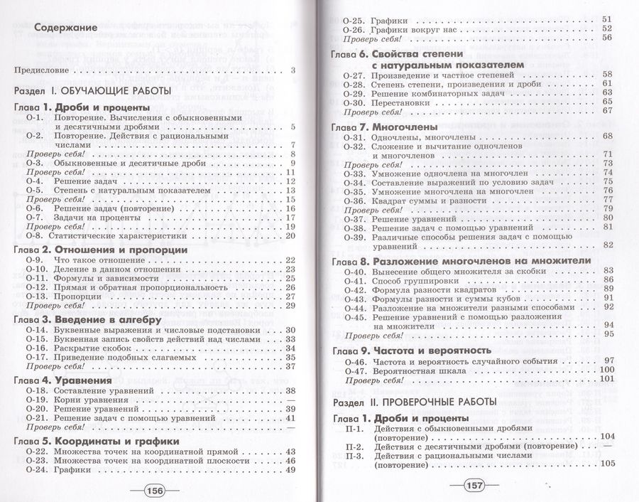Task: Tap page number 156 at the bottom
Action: [x=154, y=490]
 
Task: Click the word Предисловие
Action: [x=43, y=70]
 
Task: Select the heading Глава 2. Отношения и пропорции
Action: [x=101, y=250]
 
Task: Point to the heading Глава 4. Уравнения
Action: [x=62, y=380]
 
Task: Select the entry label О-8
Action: [x=35, y=236]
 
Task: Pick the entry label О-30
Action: [x=353, y=102]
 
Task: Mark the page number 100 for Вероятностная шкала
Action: [x=606, y=370]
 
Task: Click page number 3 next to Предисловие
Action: [x=293, y=70]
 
